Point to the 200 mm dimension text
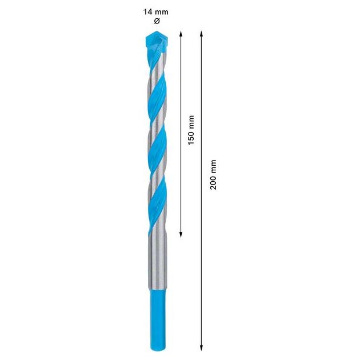pyautogui.click(x=213, y=175)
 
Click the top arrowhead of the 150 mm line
pyautogui.click(x=181, y=34)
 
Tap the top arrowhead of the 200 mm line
pyautogui.click(x=202, y=34)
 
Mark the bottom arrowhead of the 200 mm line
pyautogui.click(x=202, y=346)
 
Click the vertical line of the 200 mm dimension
pyautogui.click(x=202, y=257)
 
